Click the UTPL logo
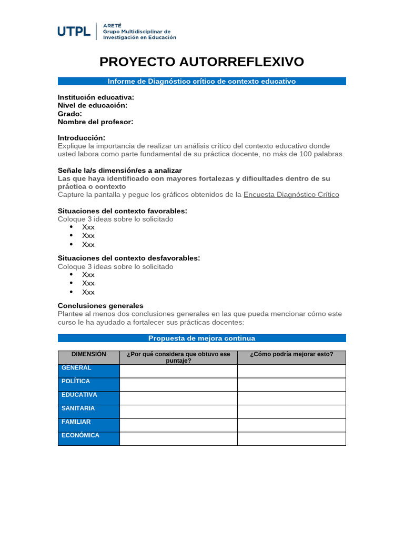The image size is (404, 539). [x=74, y=32]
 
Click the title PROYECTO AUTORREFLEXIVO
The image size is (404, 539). [x=202, y=62]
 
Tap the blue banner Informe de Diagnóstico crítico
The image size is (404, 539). [x=202, y=81]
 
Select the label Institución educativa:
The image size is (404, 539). [x=96, y=97]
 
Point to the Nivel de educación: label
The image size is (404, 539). [x=93, y=105]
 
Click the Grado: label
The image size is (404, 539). [x=70, y=114]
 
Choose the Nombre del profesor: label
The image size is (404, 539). [x=95, y=122]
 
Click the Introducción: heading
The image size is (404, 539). [x=85, y=138]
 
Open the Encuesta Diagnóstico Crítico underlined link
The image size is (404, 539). [x=291, y=194]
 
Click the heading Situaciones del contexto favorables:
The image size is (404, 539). [x=122, y=211]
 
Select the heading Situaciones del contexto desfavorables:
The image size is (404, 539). [x=129, y=258]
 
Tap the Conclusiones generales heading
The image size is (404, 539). [x=100, y=306]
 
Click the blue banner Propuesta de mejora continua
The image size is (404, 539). [x=202, y=338]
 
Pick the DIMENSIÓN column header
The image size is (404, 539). [x=89, y=355]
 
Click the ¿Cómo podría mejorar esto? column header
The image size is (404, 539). [x=291, y=354]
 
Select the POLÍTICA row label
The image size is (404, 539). [x=76, y=381]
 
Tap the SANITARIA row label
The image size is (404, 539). [x=78, y=408]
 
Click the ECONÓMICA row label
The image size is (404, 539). [x=80, y=435]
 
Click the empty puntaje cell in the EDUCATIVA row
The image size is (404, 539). [x=178, y=398]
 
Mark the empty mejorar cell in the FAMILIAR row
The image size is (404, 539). [x=291, y=425]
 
